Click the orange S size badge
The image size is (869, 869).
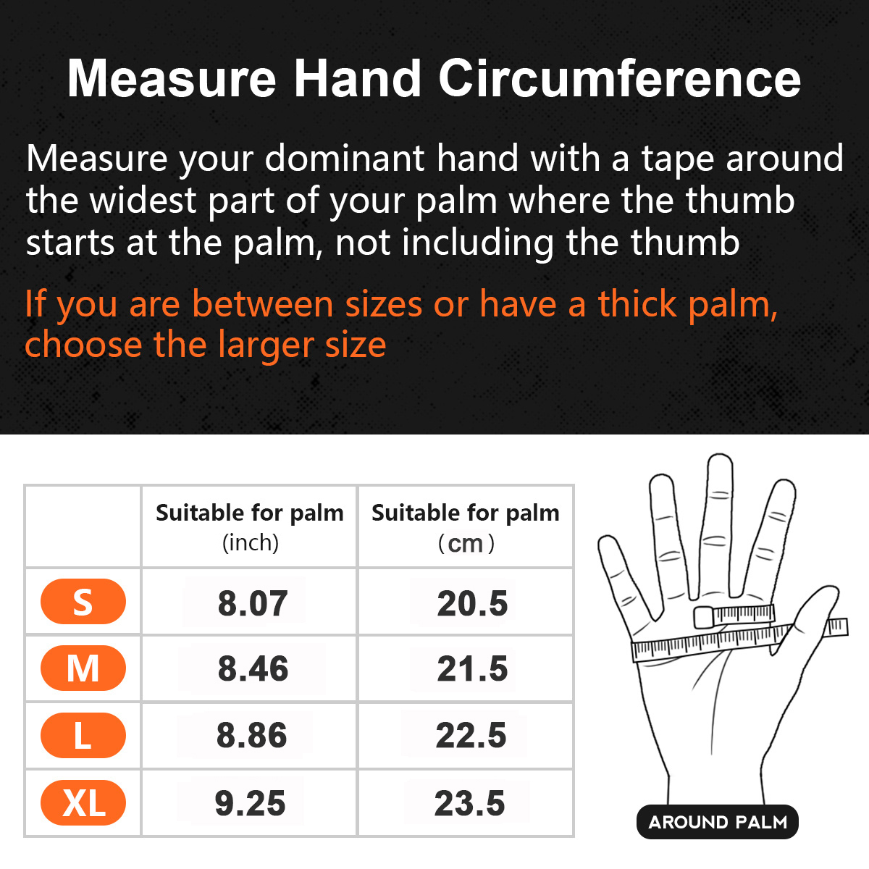[x=83, y=602]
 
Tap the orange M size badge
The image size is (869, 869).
[x=83, y=668]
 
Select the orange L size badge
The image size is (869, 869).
[x=83, y=736]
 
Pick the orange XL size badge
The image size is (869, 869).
[x=83, y=803]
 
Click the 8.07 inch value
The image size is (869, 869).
[x=253, y=603]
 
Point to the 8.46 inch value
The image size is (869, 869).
[x=253, y=668]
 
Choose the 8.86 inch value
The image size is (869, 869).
[x=251, y=736]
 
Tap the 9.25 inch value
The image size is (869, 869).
[x=250, y=803]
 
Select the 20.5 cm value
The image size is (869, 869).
[x=472, y=603]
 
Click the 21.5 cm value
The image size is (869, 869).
[x=472, y=668]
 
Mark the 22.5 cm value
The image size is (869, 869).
[x=471, y=736]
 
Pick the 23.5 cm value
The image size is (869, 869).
[x=469, y=803]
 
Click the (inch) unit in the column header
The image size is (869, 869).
[x=250, y=542]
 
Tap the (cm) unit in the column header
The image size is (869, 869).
[x=466, y=543]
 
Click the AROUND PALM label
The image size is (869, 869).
[x=718, y=822]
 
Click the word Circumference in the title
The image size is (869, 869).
[x=619, y=77]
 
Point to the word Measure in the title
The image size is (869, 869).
[x=172, y=77]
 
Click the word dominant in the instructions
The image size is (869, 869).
[x=344, y=159]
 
